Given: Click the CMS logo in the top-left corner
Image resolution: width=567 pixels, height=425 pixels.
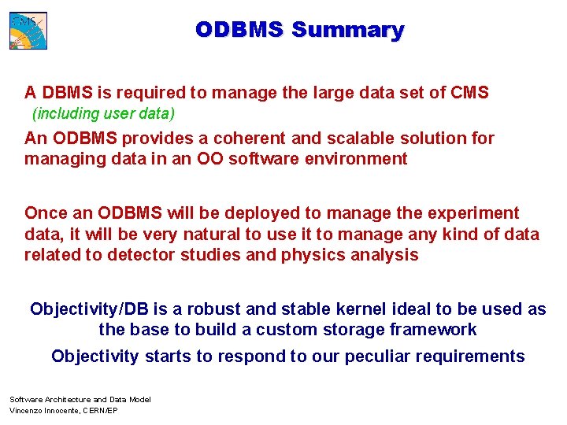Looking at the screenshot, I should pyautogui.click(x=28, y=31).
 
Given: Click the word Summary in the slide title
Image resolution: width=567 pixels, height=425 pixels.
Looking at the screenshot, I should pyautogui.click(x=347, y=30).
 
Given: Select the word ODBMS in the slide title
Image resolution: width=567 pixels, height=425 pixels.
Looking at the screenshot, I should pyautogui.click(x=240, y=30).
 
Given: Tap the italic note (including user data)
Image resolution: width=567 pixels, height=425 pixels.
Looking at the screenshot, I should pyautogui.click(x=103, y=113).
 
